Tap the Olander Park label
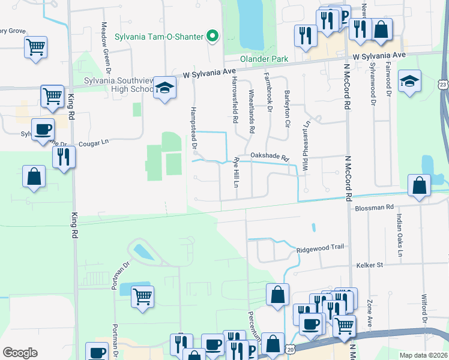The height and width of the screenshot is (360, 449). [264, 59]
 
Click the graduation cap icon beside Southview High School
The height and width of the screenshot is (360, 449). [163, 88]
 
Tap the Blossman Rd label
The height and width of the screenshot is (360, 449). [373, 207]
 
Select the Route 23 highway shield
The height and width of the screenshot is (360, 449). [443, 84]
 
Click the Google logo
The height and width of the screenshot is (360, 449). [20, 353]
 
